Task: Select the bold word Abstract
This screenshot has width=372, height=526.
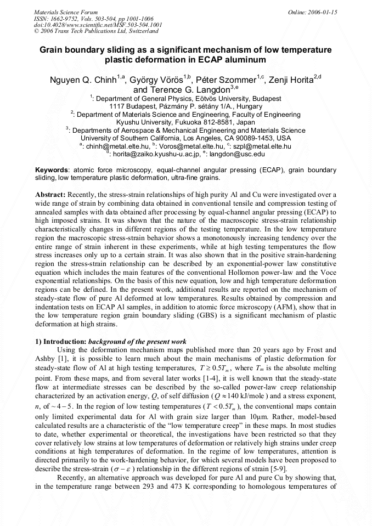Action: (50, 195)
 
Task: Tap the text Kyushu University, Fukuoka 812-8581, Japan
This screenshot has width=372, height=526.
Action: (185, 122)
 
